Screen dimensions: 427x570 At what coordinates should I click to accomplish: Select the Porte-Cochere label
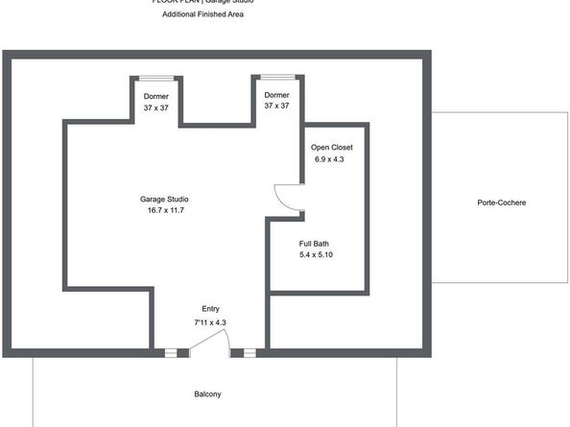[501, 202]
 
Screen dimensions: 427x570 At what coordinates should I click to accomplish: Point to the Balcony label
[207, 394]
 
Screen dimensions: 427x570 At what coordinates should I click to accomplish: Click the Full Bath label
[316, 244]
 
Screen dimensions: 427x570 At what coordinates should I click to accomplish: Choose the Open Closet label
[332, 147]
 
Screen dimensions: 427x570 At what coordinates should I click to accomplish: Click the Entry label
[210, 309]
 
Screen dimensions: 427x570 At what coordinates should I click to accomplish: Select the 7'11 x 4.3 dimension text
[210, 321]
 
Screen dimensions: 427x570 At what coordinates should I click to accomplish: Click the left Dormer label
[156, 96]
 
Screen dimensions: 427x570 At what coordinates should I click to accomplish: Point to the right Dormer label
[276, 95]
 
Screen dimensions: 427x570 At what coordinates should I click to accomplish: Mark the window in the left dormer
[156, 78]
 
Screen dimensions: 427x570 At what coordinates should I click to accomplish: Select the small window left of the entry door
[170, 353]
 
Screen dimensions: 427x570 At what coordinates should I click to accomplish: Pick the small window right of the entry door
[249, 353]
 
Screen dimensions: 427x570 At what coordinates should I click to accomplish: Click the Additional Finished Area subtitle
[202, 15]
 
